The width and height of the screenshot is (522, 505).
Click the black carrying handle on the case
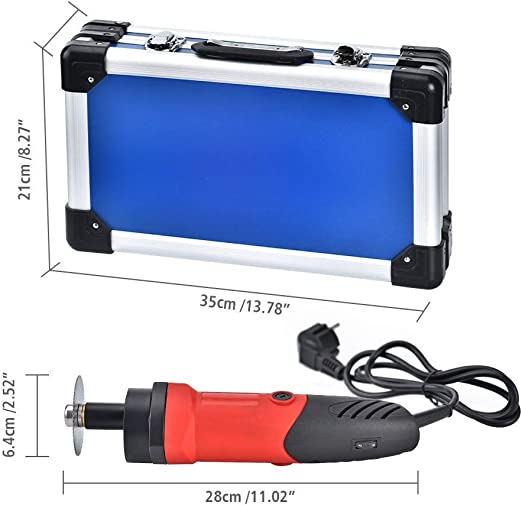pyautogui.click(x=253, y=51)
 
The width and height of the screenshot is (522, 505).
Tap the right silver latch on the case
pyautogui.click(x=352, y=55)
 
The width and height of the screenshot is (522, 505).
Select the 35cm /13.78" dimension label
pyautogui.click(x=244, y=304)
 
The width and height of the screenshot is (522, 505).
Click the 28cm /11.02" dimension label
pyautogui.click(x=250, y=497)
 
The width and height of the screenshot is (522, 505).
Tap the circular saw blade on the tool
pyautogui.click(x=79, y=416)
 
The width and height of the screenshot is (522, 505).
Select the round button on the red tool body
pyautogui.click(x=282, y=397)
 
